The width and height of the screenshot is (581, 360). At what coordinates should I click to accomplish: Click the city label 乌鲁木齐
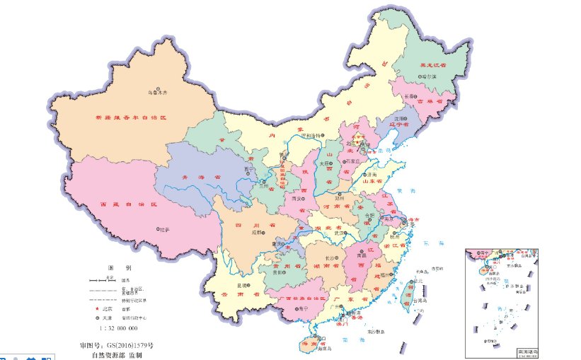pyautogui.click(x=160, y=92)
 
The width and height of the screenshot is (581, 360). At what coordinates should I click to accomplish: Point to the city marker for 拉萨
pyautogui.click(x=158, y=229)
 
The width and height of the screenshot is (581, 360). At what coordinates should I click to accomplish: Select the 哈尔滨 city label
pyautogui.click(x=427, y=76)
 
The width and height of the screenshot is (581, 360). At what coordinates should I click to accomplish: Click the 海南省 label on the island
pyautogui.click(x=310, y=344)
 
